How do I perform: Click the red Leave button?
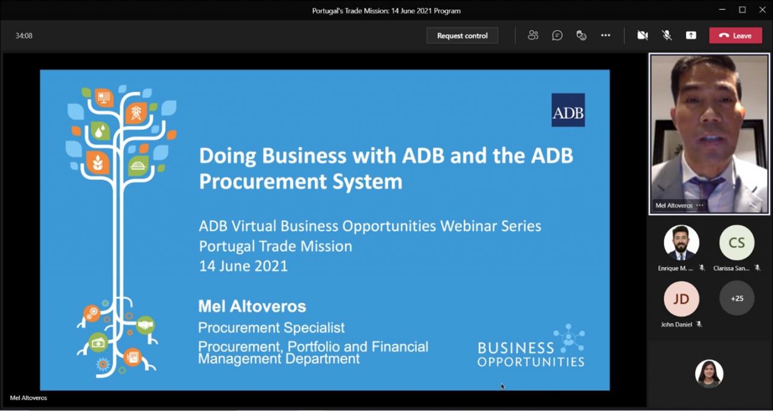click(736, 36)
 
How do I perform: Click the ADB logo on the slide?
click(568, 110)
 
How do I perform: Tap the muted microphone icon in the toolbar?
click(667, 35)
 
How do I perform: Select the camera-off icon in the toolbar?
click(642, 35)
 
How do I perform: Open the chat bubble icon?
click(557, 35)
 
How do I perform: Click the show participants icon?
click(533, 35)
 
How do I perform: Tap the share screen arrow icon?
click(691, 35)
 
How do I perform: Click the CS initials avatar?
click(737, 243)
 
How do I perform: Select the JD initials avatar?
click(682, 299)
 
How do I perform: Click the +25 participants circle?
click(737, 298)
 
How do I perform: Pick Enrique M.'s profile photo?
click(682, 243)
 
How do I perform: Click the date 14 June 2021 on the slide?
click(243, 266)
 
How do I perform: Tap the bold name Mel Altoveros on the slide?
click(252, 306)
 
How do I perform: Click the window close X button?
click(762, 10)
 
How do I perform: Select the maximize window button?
click(742, 10)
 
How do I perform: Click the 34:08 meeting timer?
click(24, 36)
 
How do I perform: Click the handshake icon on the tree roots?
click(146, 325)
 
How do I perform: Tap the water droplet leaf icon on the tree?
click(100, 132)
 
